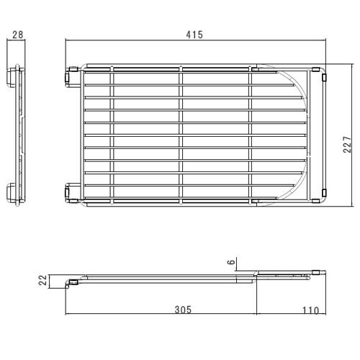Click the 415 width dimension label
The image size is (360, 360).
tap(194, 35)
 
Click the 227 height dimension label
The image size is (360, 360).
tap(347, 145)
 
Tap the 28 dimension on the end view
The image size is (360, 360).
tap(18, 35)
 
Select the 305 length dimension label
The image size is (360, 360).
tap(183, 310)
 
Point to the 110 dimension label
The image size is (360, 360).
tap(310, 310)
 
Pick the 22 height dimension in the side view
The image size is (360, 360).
tap(43, 280)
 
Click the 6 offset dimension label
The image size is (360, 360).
tap(231, 261)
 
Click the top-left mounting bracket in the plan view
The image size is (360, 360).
tap(73, 77)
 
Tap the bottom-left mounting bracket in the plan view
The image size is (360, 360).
tap(73, 192)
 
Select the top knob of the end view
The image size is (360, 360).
tap(11, 77)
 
